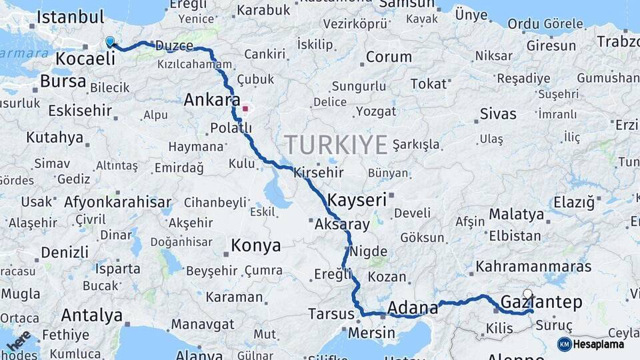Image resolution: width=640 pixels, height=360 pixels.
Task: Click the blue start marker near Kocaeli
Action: [110, 41]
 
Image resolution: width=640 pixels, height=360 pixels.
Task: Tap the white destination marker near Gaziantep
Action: [528, 294]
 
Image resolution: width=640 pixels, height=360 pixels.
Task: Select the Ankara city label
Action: [211, 101]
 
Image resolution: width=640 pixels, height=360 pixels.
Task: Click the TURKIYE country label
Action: [336, 145]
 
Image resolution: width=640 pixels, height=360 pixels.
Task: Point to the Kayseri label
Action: [357, 199]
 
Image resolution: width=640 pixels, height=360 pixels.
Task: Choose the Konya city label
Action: [255, 246]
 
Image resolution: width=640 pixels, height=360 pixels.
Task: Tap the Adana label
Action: [413, 308]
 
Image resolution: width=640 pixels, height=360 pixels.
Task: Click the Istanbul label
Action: [70, 17]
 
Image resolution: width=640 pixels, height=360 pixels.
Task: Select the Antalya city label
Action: [91, 315]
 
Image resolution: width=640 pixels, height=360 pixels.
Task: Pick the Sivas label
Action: [498, 113]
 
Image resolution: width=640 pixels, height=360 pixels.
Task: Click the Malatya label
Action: [516, 215]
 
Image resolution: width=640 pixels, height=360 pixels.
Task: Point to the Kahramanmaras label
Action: [533, 267]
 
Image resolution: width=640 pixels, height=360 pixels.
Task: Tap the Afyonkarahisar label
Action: [117, 201]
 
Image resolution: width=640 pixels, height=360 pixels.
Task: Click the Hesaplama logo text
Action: [599, 345]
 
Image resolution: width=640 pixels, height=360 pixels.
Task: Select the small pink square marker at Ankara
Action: [245, 108]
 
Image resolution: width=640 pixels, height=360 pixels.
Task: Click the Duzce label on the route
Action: [174, 47]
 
